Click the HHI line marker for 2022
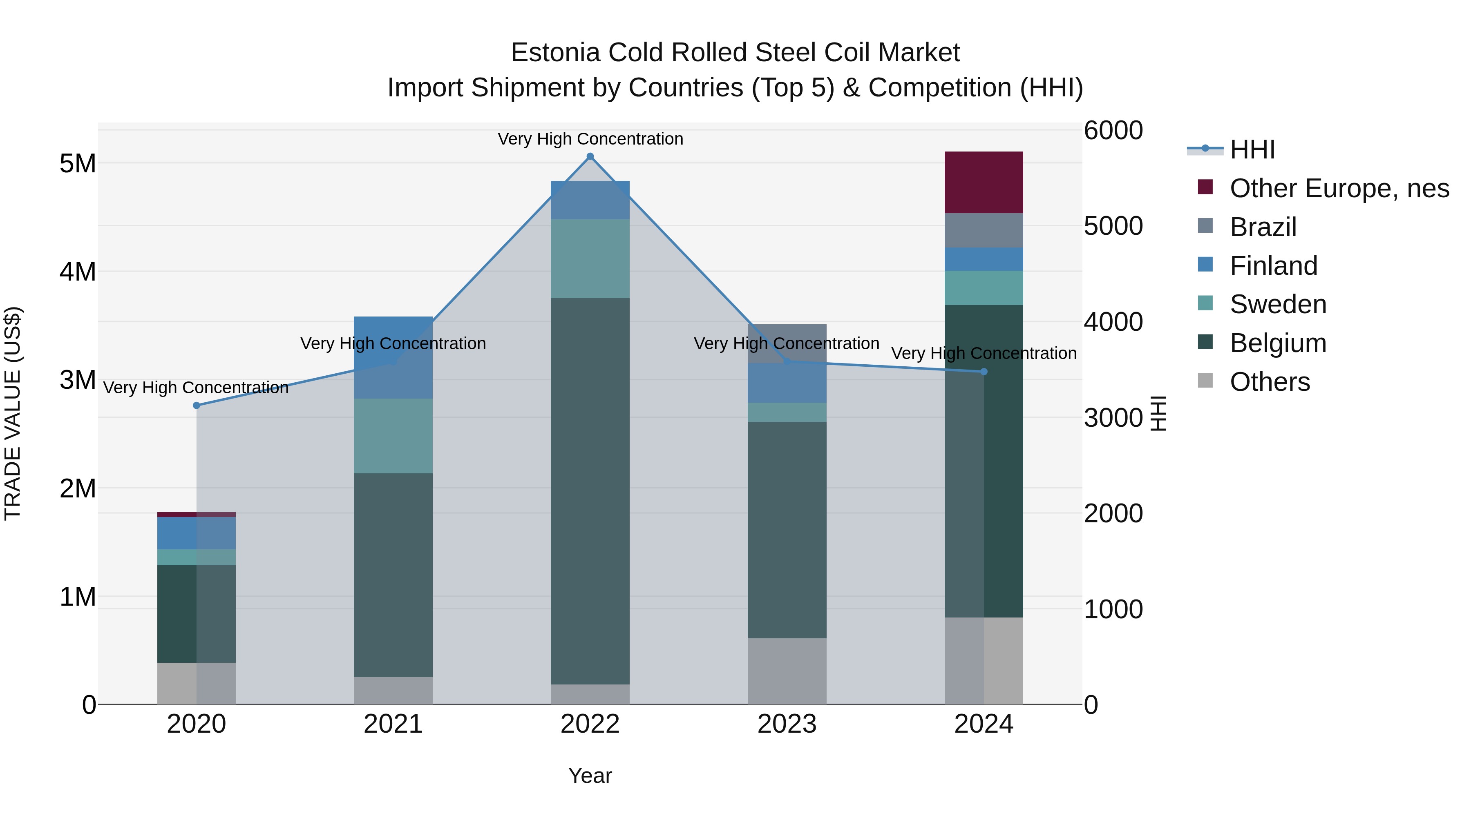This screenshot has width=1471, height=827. tap(590, 156)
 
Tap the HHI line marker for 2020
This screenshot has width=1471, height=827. tap(197, 405)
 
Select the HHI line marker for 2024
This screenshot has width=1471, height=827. tap(984, 372)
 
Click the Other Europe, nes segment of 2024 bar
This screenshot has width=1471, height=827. tap(984, 183)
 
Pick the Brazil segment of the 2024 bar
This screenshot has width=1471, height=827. tap(984, 231)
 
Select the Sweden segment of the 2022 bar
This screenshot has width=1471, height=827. tap(590, 259)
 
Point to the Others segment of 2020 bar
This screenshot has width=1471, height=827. tap(197, 683)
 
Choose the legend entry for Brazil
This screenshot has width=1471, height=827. tap(1263, 227)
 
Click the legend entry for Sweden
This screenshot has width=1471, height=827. tap(1277, 304)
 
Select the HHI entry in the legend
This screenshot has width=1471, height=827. tap(1252, 149)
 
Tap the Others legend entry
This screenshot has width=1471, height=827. tap(1270, 382)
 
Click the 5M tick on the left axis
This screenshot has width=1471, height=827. tap(78, 164)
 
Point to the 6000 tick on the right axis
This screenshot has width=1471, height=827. tap(1113, 131)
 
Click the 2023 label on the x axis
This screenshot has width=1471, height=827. tap(787, 724)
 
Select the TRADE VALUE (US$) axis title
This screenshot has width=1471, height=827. tap(13, 413)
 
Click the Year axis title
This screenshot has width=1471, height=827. tap(590, 776)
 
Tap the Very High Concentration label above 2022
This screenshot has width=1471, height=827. tap(590, 139)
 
